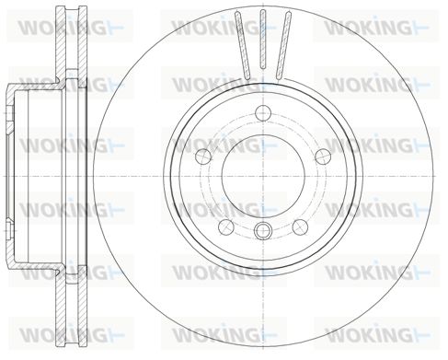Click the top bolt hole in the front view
tap(263, 112)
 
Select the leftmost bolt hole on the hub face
tap(204, 157)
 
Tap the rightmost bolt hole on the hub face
tap(323, 157)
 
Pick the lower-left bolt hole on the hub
tap(226, 226)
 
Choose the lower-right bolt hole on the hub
tap(300, 226)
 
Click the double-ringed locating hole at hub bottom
tap(263, 230)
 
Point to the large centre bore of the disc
tap(263, 176)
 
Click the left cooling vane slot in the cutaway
tap(243, 44)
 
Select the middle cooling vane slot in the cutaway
tap(263, 39)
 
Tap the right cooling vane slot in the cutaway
tap(283, 44)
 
